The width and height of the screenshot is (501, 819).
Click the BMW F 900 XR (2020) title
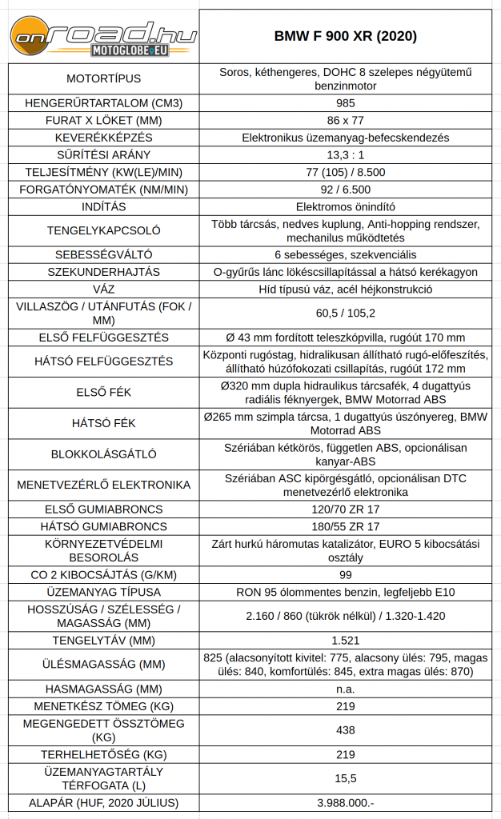click(346, 37)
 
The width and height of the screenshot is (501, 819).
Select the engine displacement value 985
click(346, 103)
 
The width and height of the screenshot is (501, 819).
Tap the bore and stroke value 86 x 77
click(346, 120)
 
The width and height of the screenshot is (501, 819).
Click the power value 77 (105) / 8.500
click(346, 172)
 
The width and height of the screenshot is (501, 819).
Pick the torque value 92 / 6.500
click(346, 189)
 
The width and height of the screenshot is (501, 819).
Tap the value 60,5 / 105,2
click(346, 314)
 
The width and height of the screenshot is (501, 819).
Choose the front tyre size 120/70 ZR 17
click(346, 509)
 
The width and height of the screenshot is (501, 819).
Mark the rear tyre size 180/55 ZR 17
click(346, 526)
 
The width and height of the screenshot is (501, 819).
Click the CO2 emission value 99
click(346, 574)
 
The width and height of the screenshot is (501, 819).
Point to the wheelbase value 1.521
click(346, 640)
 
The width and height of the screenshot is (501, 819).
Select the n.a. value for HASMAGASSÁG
click(346, 689)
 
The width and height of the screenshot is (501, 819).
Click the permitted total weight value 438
click(346, 730)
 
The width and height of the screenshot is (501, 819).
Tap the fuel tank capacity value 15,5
click(346, 778)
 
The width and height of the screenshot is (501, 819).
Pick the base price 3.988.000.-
click(346, 802)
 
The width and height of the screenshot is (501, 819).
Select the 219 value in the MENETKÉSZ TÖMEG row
click(346, 706)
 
